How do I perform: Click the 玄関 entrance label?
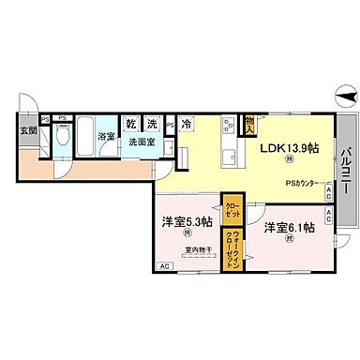(29, 130)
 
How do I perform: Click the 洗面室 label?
(142, 143)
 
